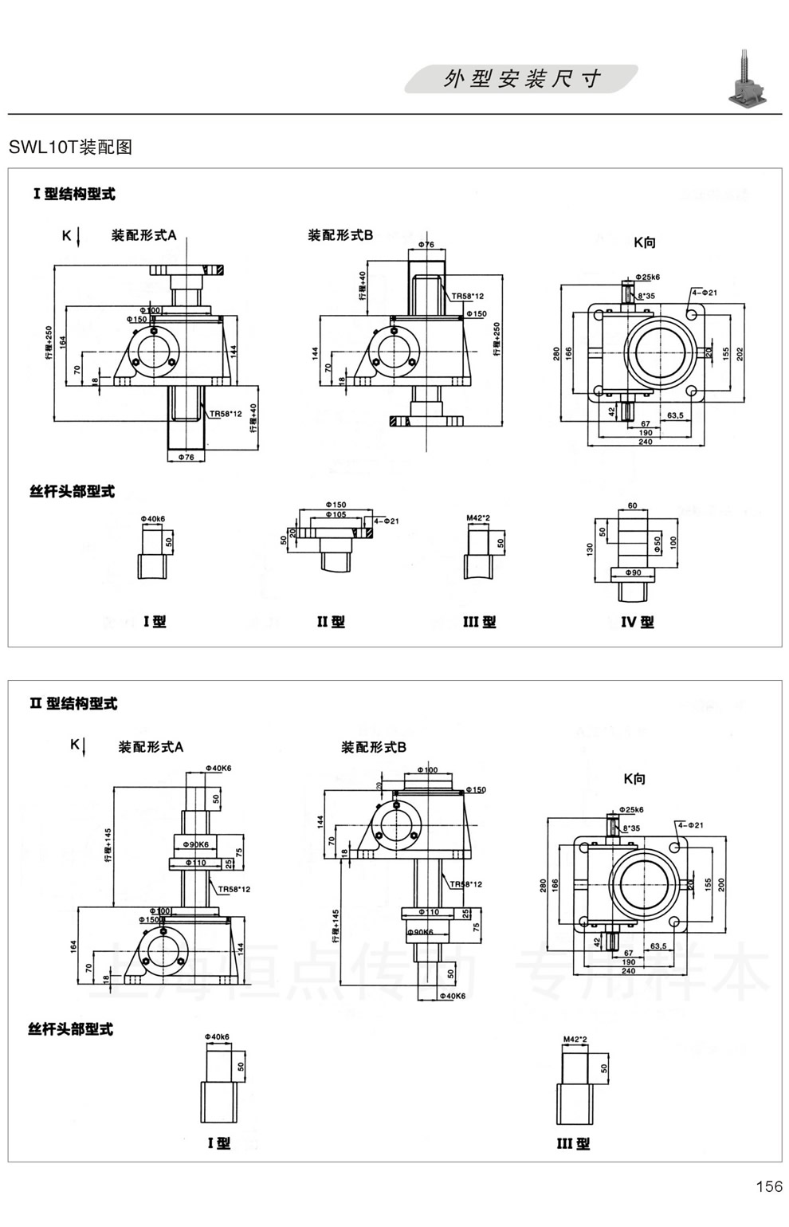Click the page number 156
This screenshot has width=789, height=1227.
coord(769,1186)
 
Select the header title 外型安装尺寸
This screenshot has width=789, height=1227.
coord(522,79)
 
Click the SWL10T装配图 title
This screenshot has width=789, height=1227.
coord(70,147)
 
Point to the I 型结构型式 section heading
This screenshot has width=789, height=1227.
coord(74,194)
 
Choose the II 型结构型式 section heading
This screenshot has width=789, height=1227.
coord(73,703)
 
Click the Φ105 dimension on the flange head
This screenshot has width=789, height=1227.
coord(338,515)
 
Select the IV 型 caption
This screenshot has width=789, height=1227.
coord(637,622)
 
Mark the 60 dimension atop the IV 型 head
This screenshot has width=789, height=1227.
coord(632,506)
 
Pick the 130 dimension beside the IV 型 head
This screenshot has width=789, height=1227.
coord(591,549)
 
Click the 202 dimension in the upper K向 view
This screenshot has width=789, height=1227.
coord(740,353)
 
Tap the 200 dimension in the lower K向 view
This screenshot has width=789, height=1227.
coord(721,884)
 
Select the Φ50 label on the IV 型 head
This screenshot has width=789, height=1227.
coord(657,541)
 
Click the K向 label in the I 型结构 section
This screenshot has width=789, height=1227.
coord(644,242)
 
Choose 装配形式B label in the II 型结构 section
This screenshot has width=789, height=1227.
coord(374,747)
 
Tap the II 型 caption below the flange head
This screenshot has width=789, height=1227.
coord(331,622)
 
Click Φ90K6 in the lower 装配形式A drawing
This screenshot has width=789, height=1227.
coord(195,844)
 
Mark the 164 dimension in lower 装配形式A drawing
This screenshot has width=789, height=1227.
coord(73,946)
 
